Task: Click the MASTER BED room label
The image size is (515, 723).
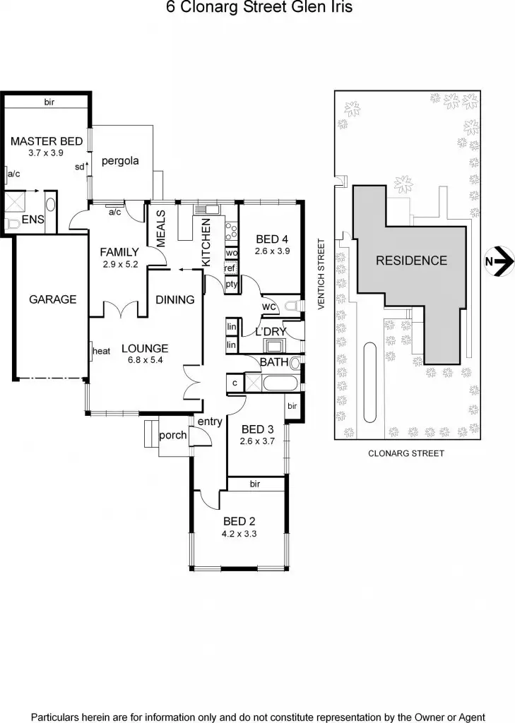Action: [x=46, y=141]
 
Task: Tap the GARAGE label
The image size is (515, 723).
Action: [x=52, y=299]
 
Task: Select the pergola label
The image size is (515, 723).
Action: [x=120, y=161]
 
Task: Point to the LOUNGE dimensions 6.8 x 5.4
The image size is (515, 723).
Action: [x=145, y=360]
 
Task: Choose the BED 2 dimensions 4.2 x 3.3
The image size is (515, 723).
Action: [x=239, y=534]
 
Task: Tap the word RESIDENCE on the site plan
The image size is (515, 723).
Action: [x=411, y=261]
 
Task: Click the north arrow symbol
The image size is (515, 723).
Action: [x=502, y=261]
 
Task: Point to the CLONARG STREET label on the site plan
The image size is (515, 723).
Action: [x=406, y=454]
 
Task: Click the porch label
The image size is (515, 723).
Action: [x=172, y=435]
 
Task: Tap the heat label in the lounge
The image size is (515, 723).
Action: [x=101, y=351]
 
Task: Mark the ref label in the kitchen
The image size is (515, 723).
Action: [x=230, y=268]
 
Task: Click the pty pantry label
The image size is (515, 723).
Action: [x=231, y=285]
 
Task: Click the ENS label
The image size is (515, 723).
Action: [x=32, y=220]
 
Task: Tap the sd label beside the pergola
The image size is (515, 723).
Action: [x=80, y=167]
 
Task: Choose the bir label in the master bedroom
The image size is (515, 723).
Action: [x=49, y=102]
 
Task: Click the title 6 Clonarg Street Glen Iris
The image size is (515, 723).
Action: [x=257, y=8]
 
